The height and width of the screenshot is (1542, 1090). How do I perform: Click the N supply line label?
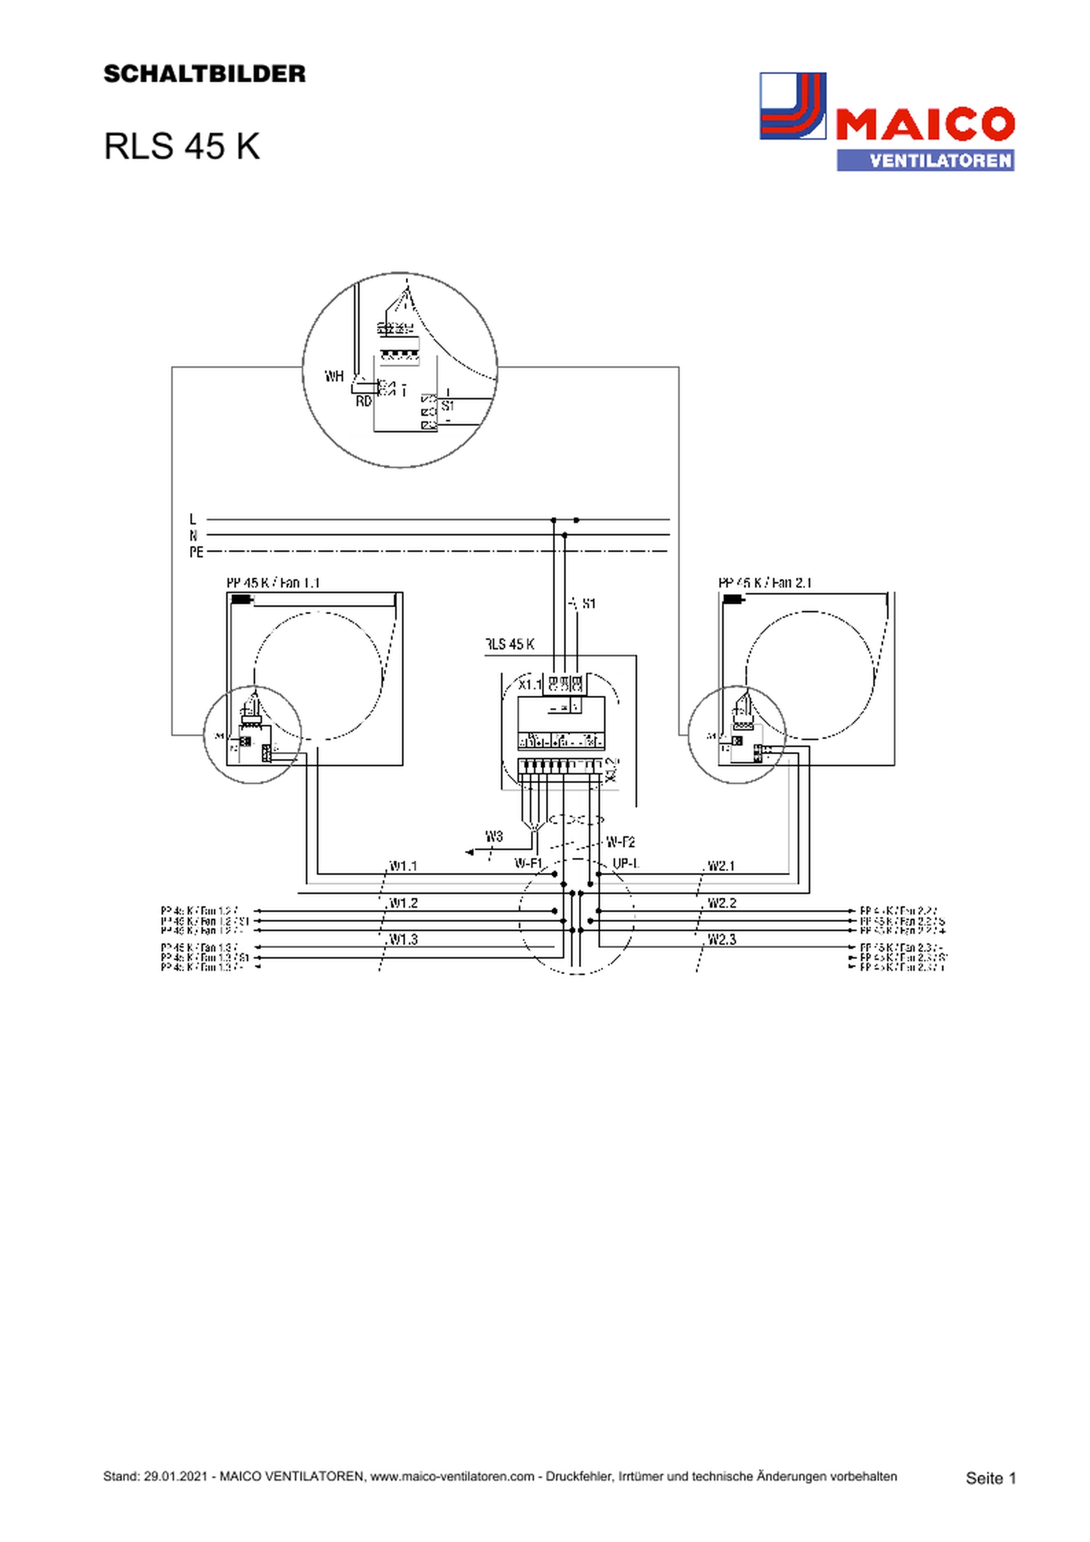(x=194, y=535)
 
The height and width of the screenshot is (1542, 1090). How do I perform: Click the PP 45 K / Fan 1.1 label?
(x=273, y=583)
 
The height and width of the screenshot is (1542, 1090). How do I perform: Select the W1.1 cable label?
(x=404, y=866)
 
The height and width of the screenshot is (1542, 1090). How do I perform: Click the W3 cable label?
(x=494, y=837)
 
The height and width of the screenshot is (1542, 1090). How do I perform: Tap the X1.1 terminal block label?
(x=530, y=685)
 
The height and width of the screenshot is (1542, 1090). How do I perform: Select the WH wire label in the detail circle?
(x=335, y=376)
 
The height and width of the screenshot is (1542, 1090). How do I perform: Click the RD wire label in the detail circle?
(x=363, y=401)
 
